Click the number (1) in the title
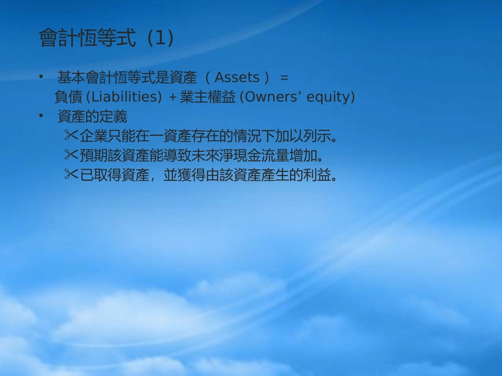point(161,38)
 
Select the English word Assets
point(237,78)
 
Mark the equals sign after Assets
point(284,78)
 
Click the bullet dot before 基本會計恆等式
point(41,78)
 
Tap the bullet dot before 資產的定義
point(41,116)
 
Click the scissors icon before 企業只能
point(71,136)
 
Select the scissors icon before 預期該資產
point(71,156)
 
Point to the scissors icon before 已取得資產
point(71,175)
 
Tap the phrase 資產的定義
point(92,116)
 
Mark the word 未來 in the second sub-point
point(203,156)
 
